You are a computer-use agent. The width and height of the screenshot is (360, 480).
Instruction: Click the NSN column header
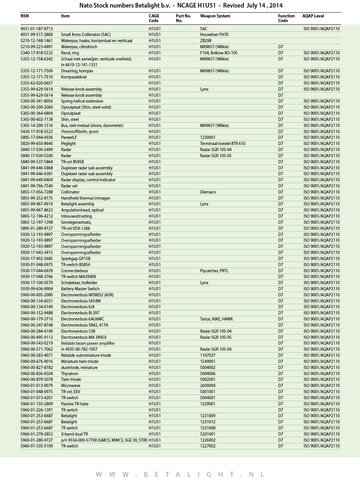pyautogui.click(x=25, y=16)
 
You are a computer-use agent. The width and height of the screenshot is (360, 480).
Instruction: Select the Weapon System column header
pyautogui.click(x=215, y=16)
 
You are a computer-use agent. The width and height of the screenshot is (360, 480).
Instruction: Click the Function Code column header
pyautogui.click(x=286, y=18)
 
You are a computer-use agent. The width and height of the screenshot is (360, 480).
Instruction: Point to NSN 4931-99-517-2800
pyautogui.click(x=37, y=35)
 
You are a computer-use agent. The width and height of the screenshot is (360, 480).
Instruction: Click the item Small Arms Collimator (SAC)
pyautogui.click(x=86, y=35)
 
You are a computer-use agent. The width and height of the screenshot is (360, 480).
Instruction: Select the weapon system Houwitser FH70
pyautogui.click(x=214, y=35)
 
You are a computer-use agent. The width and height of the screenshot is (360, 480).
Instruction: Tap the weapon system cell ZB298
pyautogui.click(x=206, y=41)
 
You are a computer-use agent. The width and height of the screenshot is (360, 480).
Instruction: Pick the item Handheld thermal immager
pyautogui.click(x=85, y=198)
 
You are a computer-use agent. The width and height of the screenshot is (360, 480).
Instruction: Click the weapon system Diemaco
pyautogui.click(x=208, y=192)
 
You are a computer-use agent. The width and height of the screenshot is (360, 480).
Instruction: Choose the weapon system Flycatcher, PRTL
pyautogui.click(x=214, y=271)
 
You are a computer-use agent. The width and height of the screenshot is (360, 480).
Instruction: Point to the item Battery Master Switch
pyautogui.click(x=80, y=289)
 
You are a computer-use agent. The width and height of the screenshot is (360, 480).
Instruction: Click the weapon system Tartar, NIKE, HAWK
pyautogui.click(x=216, y=319)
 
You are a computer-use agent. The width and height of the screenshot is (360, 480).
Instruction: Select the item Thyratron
pyautogui.click(x=69, y=374)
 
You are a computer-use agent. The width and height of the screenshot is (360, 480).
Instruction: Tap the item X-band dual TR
pyautogui.click(x=74, y=434)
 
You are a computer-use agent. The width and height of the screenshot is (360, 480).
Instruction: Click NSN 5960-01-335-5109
pyautogui.click(x=37, y=446)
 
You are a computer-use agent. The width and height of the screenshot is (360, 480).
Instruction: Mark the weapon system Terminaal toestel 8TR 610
pyautogui.click(x=222, y=144)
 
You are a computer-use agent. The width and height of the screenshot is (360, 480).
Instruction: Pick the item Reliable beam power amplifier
pyautogui.click(x=88, y=343)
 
